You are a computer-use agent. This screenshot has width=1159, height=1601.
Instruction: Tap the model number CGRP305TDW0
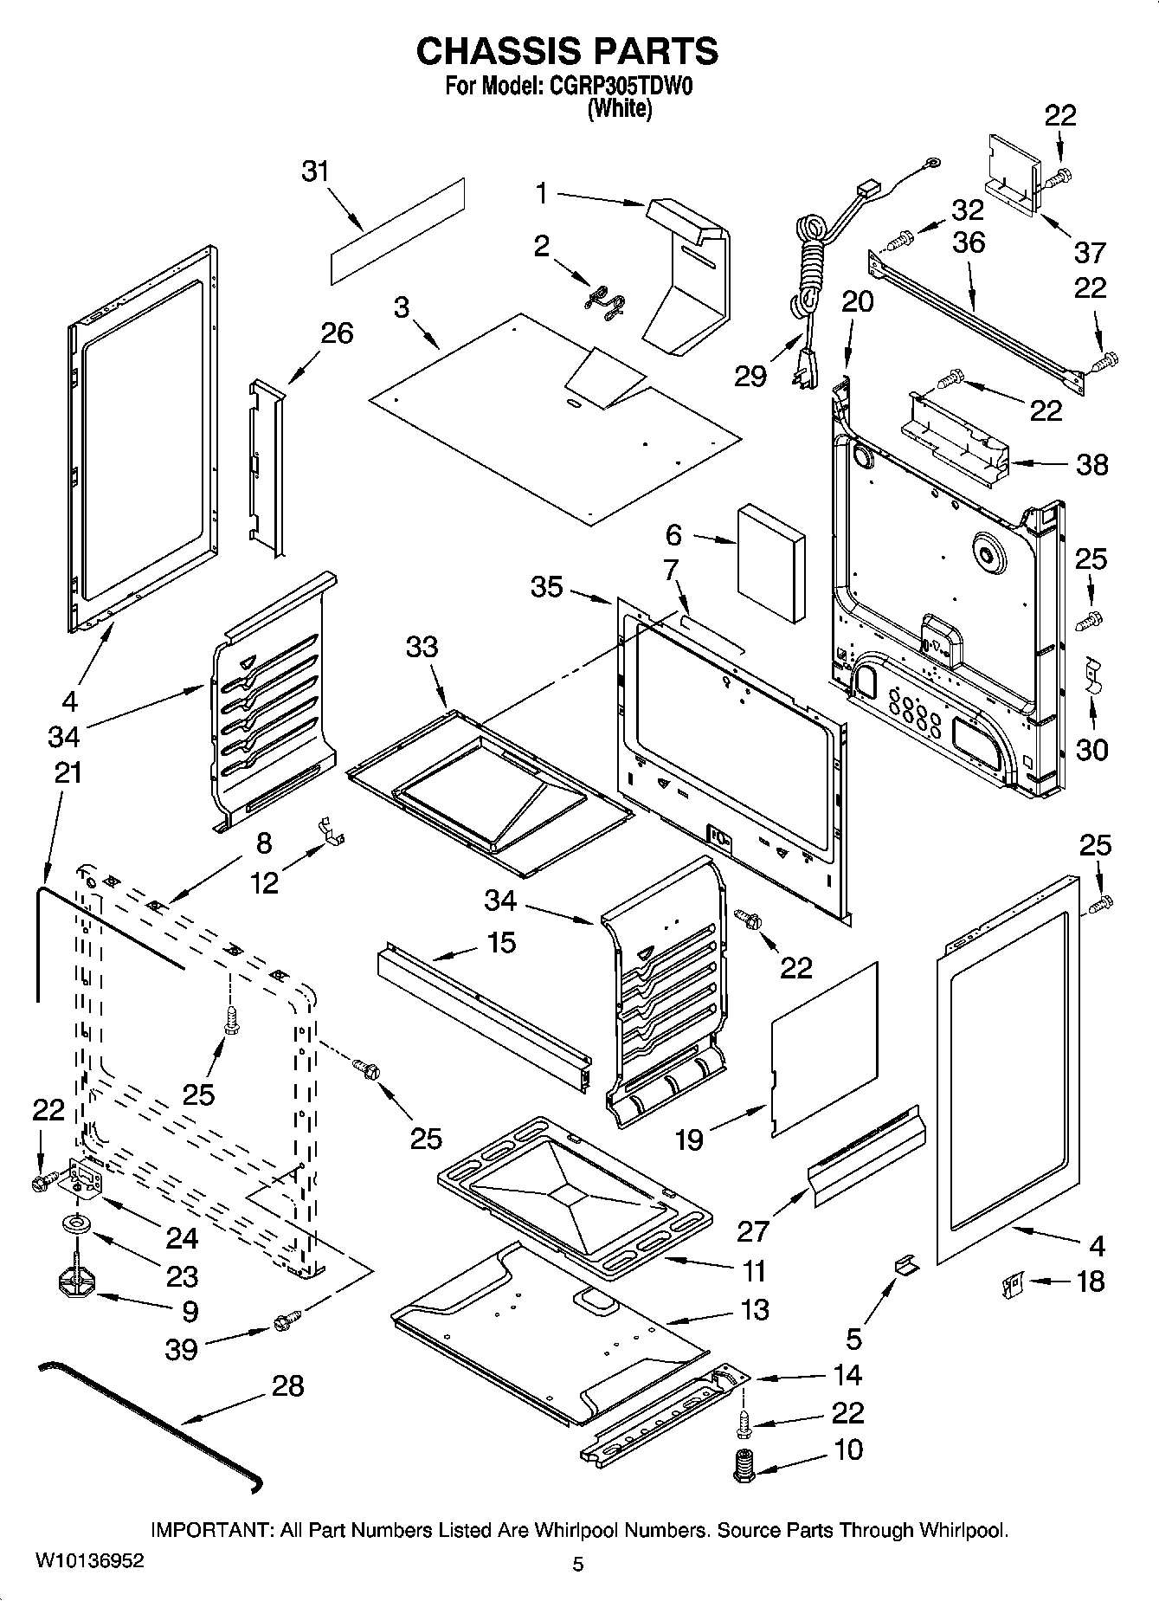(x=620, y=87)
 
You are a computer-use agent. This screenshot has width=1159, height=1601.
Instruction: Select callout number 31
(x=316, y=171)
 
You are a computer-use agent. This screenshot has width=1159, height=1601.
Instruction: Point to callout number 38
(x=1091, y=465)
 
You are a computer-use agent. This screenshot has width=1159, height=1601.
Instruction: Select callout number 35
(x=547, y=587)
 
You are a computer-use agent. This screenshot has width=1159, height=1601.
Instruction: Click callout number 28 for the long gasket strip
(x=287, y=1386)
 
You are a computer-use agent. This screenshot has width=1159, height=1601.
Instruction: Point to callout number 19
(x=689, y=1139)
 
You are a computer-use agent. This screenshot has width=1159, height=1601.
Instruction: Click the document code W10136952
(x=90, y=1561)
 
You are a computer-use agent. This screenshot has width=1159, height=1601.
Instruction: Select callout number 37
(x=1089, y=252)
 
